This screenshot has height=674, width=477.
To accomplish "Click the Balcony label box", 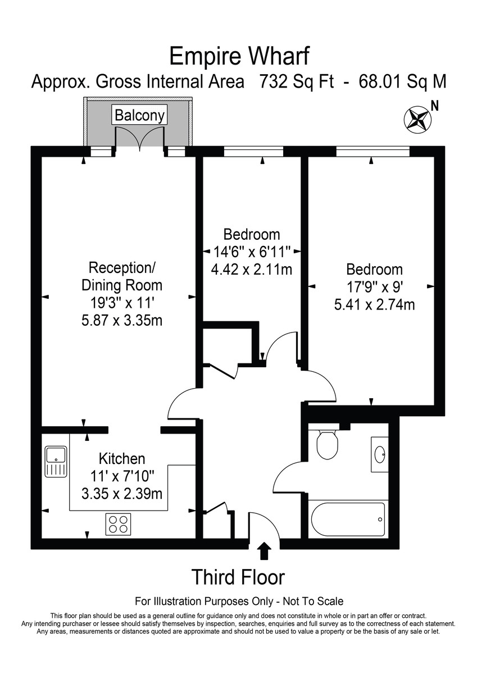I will tap(139, 115).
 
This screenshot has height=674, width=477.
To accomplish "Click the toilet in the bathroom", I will tap(326, 444).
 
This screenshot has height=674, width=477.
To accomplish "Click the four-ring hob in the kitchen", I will tap(118, 523).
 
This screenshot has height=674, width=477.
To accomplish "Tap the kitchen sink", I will tap(56, 461).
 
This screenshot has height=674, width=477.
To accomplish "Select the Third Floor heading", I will tap(238, 577).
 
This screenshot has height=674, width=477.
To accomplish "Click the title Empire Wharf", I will tap(239, 56).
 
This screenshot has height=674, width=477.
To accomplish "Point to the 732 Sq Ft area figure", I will tap(296, 82).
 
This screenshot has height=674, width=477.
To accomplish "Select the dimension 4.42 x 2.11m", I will tap(252, 269).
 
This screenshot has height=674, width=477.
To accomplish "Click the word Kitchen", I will tap(122, 459).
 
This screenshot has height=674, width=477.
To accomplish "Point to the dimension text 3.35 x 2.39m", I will tap(122, 494).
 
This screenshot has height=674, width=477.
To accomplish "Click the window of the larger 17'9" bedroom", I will tap(372, 151).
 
